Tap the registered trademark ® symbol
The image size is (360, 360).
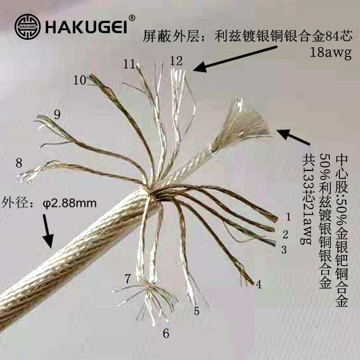(x=132, y=18)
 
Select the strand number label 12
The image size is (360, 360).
(x=176, y=60)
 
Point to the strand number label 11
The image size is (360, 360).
(x=129, y=64)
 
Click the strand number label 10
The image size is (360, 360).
(x=80, y=81)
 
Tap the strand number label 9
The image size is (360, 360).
(x=57, y=114)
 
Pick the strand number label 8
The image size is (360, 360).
(x=18, y=162)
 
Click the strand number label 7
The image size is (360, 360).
(x=128, y=279)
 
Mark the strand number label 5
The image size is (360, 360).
(x=196, y=310)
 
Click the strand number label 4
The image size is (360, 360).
(x=258, y=284)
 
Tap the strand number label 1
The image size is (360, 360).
(x=288, y=217)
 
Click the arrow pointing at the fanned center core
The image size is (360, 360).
(x=293, y=137)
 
